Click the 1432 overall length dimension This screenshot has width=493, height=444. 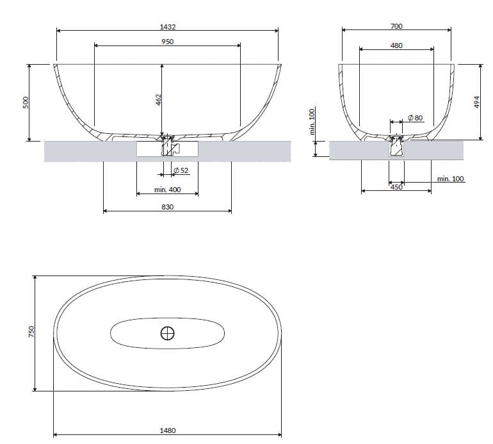tap(168, 27)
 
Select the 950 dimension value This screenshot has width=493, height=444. tap(168, 42)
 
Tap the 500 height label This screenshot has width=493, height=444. tap(26, 103)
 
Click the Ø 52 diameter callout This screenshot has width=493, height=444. tap(181, 170)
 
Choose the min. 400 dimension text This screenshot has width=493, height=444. tap(168, 190)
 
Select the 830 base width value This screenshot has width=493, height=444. tap(168, 207)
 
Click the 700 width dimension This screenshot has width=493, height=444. tap(396, 26)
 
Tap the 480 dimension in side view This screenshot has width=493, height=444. tap(396, 45)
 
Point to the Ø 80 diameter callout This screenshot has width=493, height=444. tap(415, 119)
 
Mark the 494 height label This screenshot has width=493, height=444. tap(476, 103)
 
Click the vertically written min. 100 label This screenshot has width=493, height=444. tap(312, 122)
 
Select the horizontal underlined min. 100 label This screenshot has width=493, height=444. tap(451, 179)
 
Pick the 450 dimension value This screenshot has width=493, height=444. tap(396, 187)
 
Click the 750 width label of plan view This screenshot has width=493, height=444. tap(31, 332)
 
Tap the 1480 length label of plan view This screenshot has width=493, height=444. tap(168, 431)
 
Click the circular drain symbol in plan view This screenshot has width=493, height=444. tap(167, 333)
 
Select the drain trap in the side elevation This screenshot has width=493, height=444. tap(396, 146)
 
